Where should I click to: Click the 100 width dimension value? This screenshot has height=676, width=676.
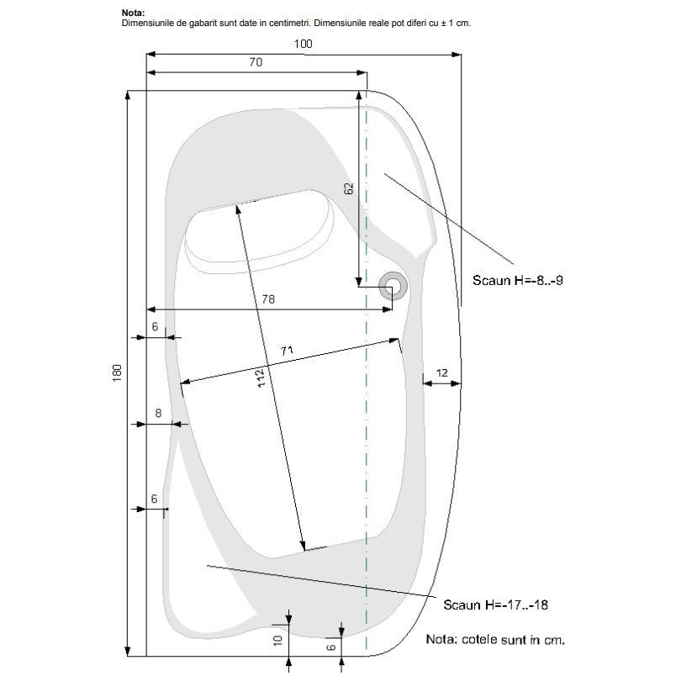point(303,44)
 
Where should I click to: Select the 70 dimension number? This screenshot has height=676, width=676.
point(256,62)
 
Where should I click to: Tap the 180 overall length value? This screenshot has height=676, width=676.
point(117,373)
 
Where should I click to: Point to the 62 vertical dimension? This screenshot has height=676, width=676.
point(349,188)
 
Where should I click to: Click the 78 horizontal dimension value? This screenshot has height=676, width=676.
point(268,299)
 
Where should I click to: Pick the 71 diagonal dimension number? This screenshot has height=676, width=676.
point(287,351)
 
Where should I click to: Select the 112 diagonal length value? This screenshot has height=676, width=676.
point(261,378)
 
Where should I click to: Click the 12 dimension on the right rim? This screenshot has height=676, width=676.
point(442,373)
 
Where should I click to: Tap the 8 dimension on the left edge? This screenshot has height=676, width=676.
point(158,413)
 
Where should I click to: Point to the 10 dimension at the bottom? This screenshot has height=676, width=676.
point(278,640)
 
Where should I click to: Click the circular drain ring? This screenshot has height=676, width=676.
point(393,286)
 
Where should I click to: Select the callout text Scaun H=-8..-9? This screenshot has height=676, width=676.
point(518,280)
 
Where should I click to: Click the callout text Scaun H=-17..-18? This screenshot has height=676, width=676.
point(496,605)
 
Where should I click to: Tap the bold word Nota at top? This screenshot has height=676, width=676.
point(133,13)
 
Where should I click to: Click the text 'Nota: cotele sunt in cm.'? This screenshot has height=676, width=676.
point(495,639)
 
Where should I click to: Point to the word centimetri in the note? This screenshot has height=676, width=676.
point(290,23)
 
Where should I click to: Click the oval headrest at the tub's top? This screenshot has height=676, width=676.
point(259,231)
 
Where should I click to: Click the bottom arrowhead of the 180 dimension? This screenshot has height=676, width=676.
point(127,651)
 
